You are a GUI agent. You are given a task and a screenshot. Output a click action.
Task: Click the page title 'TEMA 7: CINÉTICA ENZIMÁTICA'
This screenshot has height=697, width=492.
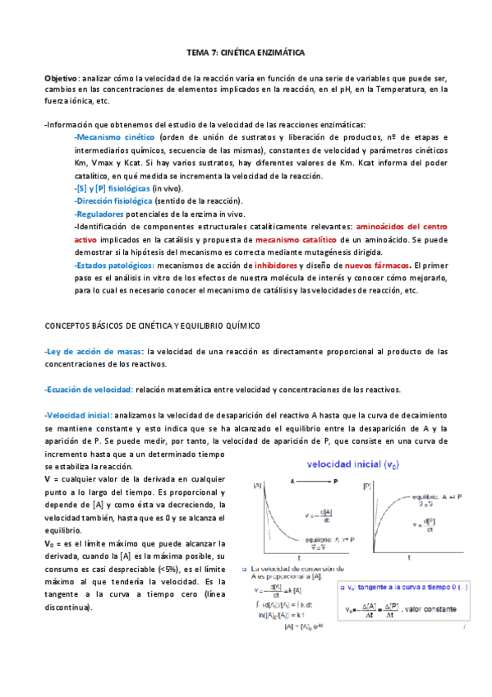[x=246, y=52]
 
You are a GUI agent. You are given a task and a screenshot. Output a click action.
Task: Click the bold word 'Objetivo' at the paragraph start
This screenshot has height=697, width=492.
[x=62, y=76]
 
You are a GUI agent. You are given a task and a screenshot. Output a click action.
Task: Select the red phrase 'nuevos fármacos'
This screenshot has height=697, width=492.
[x=378, y=265]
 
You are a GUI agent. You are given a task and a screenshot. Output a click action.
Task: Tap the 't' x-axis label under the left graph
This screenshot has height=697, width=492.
[x=298, y=556]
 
